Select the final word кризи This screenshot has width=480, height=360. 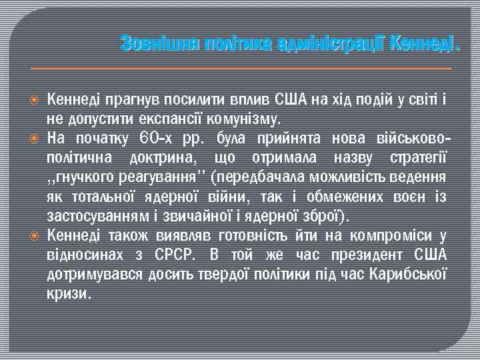(68, 294)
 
